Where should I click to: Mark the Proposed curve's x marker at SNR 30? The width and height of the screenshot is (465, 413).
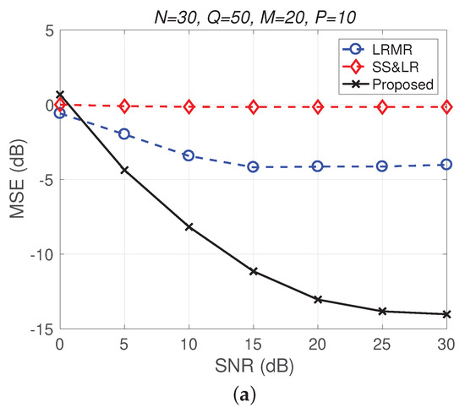[447, 314]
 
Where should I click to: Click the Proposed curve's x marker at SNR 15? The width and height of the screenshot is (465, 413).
[253, 271]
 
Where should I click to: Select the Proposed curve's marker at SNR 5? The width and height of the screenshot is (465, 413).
[124, 171]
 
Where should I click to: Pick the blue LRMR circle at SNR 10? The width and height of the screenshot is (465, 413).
[189, 155]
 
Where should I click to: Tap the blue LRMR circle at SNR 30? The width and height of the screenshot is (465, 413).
[447, 165]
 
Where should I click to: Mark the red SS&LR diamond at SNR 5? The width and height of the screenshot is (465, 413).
[124, 106]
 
